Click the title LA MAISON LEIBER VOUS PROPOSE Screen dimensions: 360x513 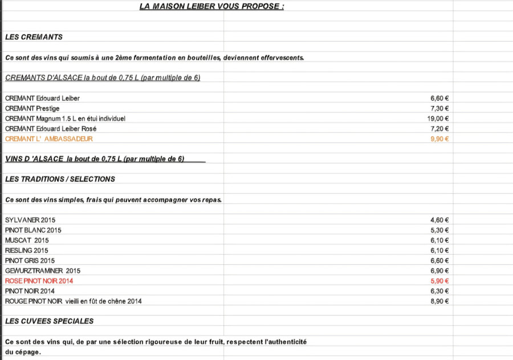point(211,6)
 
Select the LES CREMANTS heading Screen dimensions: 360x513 point(34,37)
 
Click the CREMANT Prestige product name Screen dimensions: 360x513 point(32,108)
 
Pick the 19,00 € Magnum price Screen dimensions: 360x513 point(438,118)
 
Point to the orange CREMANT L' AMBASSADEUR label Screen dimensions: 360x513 point(48,139)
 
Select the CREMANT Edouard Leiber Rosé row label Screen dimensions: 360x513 point(51,129)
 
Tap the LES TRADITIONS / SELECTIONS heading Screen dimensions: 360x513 point(60,179)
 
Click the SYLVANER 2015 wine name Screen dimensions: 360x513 point(30,220)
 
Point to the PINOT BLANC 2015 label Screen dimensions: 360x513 point(33,230)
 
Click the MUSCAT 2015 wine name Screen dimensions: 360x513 point(27,240)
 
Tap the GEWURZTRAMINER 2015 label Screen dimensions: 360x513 point(43,271)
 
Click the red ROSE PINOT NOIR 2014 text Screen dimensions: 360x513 point(39,281)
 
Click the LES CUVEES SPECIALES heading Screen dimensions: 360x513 point(49,321)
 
